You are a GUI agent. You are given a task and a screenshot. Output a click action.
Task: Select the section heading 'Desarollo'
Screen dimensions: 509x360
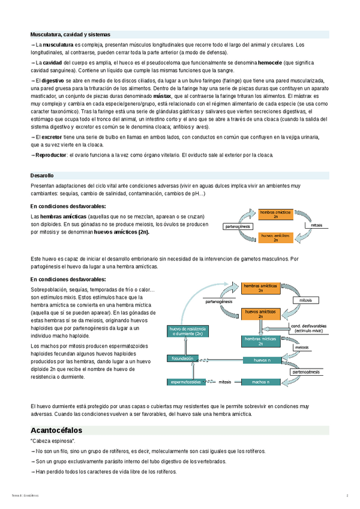[42, 175]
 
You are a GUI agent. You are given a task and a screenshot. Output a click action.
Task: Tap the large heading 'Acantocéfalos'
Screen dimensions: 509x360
[56, 430]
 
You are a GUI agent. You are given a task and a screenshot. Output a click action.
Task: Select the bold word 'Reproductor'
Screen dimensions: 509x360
[51, 155]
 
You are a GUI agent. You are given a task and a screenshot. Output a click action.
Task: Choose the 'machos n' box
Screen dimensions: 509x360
[260, 381]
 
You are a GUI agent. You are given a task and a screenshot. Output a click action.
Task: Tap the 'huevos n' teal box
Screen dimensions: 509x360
[262, 360]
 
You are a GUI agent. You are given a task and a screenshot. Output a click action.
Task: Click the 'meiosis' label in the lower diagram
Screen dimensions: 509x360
[301, 347]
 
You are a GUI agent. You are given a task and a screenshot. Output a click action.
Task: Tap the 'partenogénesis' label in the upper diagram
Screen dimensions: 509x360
[238, 226]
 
